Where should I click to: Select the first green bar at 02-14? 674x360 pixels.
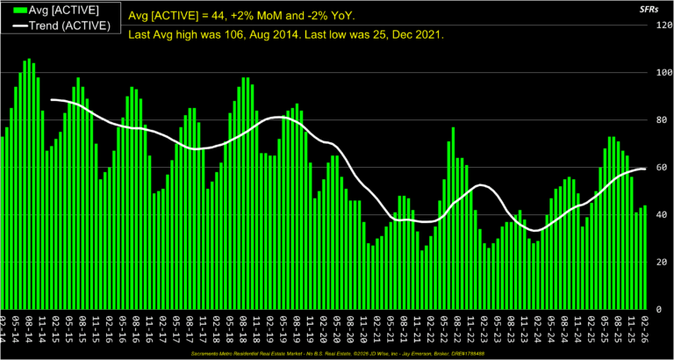(x=3, y=223)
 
